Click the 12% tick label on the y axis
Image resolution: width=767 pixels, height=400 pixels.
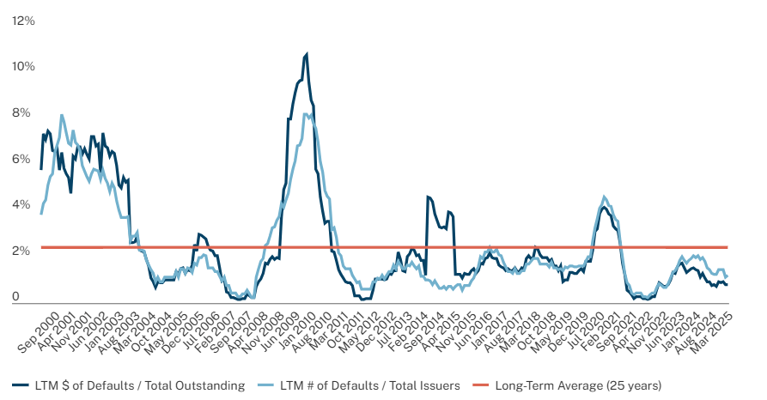[23, 21]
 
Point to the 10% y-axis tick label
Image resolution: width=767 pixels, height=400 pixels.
[23, 67]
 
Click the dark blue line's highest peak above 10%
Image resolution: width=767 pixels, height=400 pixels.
[307, 54]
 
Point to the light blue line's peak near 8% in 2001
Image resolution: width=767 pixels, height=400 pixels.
[61, 115]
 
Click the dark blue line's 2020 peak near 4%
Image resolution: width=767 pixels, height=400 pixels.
[604, 208]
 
